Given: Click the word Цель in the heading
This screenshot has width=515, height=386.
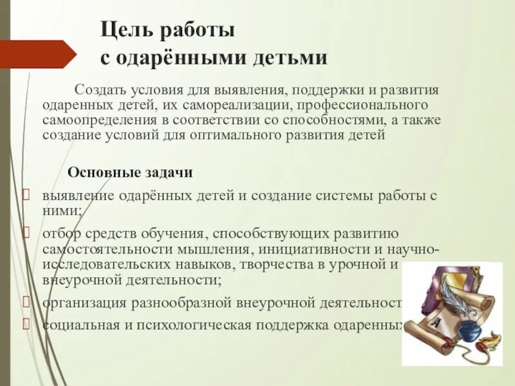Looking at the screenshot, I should pyautogui.click(x=121, y=30).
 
